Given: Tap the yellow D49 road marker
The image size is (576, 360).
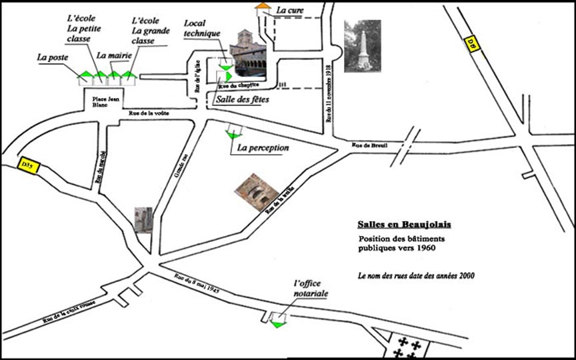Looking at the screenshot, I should click(471, 44).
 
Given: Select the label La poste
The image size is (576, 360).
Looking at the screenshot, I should click(54, 58).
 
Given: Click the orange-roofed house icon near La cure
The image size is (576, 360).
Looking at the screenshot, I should click(263, 8).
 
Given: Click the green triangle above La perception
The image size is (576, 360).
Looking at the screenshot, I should click(232, 135).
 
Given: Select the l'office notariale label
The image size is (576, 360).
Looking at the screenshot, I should click(311, 289).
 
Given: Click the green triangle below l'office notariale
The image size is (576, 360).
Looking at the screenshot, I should click(277, 323).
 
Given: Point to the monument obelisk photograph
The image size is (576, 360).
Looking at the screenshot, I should click(362, 45).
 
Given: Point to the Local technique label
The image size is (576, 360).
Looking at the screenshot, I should click(201, 28).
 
